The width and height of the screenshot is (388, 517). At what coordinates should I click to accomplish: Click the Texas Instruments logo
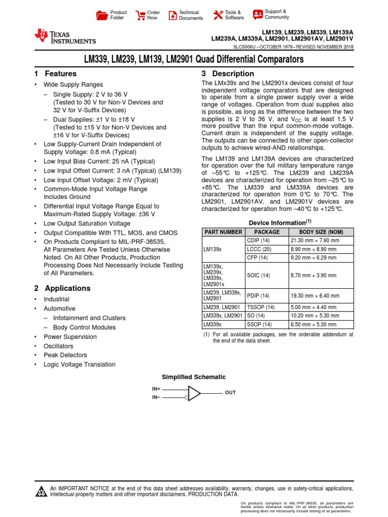tap(64, 36)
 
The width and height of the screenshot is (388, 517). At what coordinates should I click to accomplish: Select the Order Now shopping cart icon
tap(139, 15)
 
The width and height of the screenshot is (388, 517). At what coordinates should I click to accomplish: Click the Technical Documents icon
tap(173, 15)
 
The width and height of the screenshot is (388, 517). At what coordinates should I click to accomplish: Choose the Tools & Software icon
tap(218, 15)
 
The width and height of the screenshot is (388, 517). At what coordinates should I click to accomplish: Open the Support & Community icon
tap(258, 14)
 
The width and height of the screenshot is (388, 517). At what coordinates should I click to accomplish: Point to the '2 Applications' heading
tap(62, 288)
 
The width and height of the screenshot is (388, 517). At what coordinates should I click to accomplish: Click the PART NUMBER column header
tap(223, 232)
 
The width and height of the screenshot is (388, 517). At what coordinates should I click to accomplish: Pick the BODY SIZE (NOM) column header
tap(321, 232)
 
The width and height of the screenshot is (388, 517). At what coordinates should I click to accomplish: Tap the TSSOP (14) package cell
tap(260, 306)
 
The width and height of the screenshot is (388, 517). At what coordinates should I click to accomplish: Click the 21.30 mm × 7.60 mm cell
tap(314, 240)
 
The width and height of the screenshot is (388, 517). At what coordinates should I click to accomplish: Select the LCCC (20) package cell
tap(259, 249)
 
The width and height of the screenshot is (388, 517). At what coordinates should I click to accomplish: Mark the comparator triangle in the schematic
tap(193, 393)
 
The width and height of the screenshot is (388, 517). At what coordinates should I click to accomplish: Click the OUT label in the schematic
tap(230, 392)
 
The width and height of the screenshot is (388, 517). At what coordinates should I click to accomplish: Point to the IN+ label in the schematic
tap(156, 389)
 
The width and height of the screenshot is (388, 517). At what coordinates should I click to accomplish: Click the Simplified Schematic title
tap(193, 377)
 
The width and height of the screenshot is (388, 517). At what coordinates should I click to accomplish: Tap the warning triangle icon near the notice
tap(40, 492)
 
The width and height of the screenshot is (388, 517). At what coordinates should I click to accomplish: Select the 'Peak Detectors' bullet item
tap(65, 355)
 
